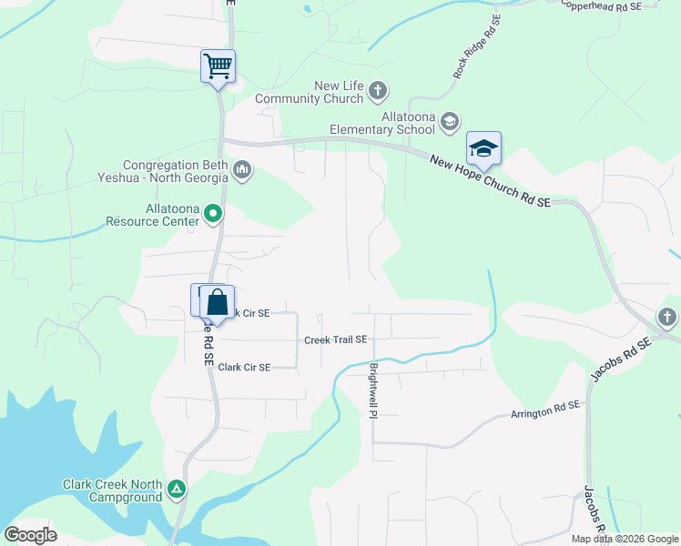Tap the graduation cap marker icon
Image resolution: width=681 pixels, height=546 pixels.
pyautogui.click(x=483, y=148)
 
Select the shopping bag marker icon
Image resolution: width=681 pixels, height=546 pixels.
pyautogui.click(x=218, y=301)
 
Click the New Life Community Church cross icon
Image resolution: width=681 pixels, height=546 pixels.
pyautogui.click(x=378, y=91)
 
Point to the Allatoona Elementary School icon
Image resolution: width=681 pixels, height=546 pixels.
pyautogui.click(x=449, y=121)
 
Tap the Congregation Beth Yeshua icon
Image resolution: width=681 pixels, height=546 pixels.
pyautogui.click(x=242, y=169)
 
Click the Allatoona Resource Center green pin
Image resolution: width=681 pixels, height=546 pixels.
pyautogui.click(x=213, y=215)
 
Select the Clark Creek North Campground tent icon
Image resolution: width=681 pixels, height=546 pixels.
pyautogui.click(x=177, y=490)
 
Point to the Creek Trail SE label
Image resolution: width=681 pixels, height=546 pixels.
pyautogui.click(x=335, y=339)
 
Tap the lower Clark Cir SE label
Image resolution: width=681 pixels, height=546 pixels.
pyautogui.click(x=244, y=368)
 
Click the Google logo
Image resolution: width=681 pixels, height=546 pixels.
pyautogui.click(x=30, y=535)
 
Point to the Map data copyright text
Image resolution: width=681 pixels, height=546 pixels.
pyautogui.click(x=625, y=539)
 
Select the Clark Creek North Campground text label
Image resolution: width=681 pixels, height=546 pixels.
pyautogui.click(x=112, y=490)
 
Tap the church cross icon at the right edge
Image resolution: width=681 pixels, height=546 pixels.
pyautogui.click(x=666, y=318)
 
